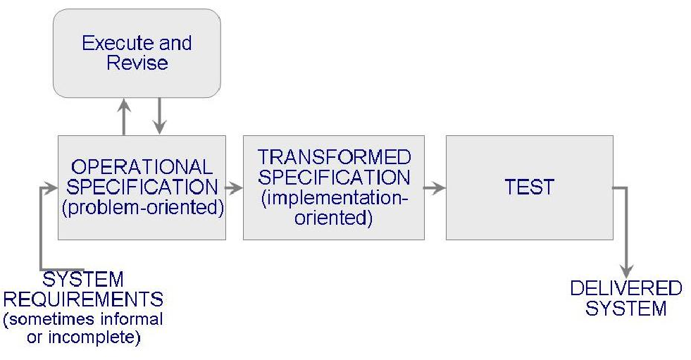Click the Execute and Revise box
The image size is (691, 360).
click(137, 53)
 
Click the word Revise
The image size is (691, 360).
click(137, 63)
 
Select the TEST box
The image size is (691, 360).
click(529, 187)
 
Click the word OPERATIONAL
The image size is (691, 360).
click(142, 168)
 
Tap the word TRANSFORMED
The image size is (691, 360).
click(334, 156)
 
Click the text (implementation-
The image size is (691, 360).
click(334, 199)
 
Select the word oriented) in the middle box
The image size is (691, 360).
click(333, 218)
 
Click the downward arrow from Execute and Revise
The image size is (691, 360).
click(159, 116)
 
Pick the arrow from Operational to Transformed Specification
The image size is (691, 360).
click(234, 188)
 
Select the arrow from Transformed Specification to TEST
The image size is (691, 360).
click(435, 188)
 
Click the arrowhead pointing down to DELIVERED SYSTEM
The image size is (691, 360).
click(625, 271)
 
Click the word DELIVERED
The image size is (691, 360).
click(625, 289)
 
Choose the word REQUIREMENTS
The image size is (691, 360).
click(82, 298)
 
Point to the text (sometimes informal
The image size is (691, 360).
click(82, 318)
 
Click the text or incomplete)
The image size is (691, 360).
click(82, 337)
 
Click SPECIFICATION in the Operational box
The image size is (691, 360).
click(142, 187)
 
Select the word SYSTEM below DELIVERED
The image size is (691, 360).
click(625, 309)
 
